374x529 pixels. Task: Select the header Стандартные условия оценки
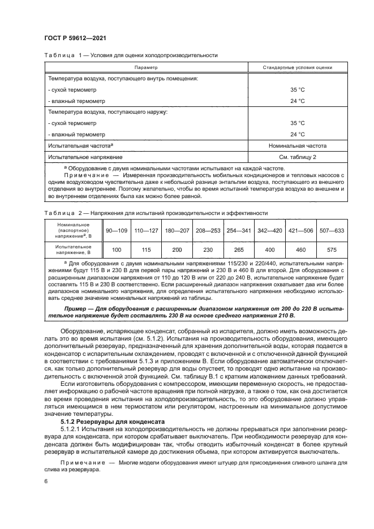click(297, 67)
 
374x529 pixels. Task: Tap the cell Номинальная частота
click(297, 145)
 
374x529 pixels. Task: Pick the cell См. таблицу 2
click(297, 157)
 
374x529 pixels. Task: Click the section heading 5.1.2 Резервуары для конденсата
click(112, 421)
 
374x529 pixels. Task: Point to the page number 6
click(45, 481)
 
